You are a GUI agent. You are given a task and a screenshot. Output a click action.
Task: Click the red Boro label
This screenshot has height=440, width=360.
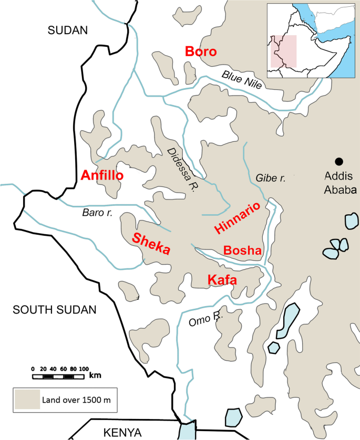tap(200, 52)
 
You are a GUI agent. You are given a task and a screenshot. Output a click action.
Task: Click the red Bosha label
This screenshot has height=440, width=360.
tap(242, 251)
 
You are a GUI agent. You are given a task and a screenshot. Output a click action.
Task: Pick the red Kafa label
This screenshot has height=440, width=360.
tap(222, 280)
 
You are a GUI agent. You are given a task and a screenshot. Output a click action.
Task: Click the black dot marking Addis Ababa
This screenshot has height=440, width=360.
tap(340, 161)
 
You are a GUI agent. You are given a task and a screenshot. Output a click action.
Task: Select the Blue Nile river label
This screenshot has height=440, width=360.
tap(241, 81)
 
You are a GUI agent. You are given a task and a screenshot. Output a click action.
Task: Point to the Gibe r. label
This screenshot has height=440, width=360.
tap(270, 179)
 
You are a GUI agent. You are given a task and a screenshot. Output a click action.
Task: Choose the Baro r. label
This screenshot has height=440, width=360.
tap(98, 213)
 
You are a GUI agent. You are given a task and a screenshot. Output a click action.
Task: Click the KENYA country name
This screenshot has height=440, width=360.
tap(122, 433)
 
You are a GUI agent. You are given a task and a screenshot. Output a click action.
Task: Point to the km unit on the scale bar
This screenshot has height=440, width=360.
tap(95, 375)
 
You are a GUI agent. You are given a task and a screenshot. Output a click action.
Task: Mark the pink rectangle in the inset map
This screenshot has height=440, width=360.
tap(284, 51)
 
